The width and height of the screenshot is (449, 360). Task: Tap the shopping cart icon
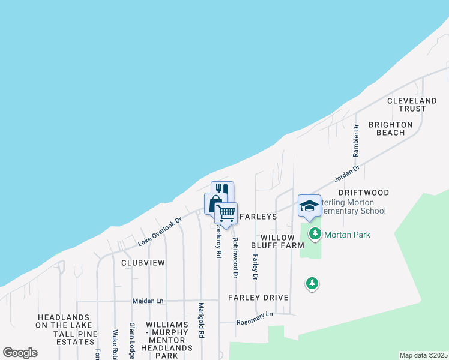click(226, 213)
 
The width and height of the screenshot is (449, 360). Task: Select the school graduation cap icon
click(309, 206)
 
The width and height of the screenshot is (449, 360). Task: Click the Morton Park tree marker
click(313, 234)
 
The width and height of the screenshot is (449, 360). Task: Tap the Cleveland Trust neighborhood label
click(412, 104)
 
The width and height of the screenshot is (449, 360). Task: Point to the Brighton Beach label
click(390, 128)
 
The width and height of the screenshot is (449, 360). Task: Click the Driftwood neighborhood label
click(364, 193)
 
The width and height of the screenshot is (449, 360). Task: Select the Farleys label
click(258, 216)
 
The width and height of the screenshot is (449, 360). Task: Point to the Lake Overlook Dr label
click(159, 232)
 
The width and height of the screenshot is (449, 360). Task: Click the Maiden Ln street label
click(148, 300)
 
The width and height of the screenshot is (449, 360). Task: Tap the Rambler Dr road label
click(356, 140)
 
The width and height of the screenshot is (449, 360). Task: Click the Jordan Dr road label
click(346, 175)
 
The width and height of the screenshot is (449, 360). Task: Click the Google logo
click(20, 353)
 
